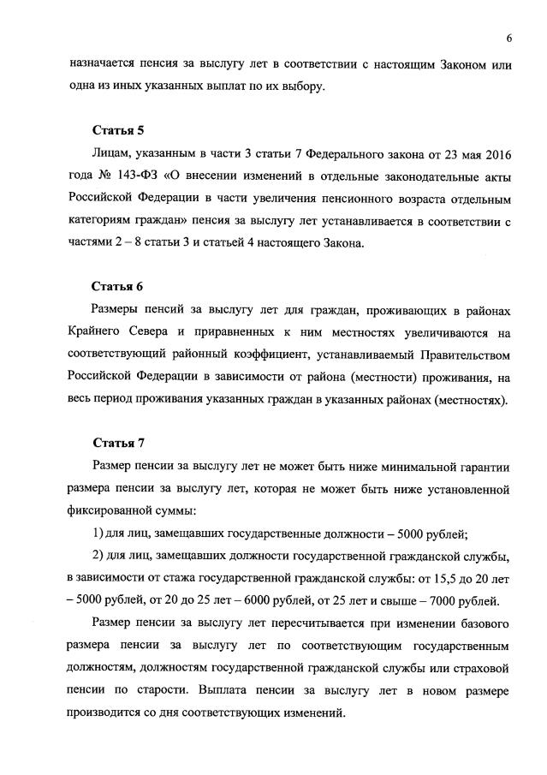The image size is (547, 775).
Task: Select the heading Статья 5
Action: [x=118, y=131]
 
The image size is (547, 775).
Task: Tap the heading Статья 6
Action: [x=118, y=286]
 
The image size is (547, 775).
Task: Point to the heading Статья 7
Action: [x=118, y=442]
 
